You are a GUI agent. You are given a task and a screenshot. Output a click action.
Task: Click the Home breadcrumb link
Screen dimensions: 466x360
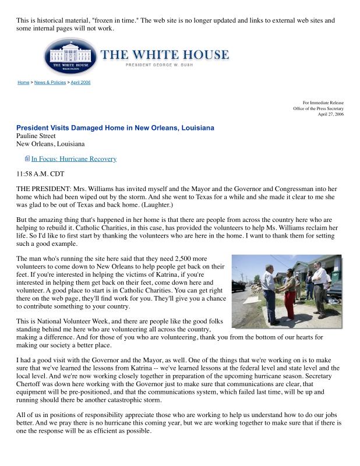pyautogui.click(x=23, y=83)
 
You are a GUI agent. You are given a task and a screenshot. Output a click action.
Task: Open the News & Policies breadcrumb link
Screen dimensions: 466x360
pyautogui.click(x=50, y=83)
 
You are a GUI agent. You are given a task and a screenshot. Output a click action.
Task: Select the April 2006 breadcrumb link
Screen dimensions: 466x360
pyautogui.click(x=80, y=83)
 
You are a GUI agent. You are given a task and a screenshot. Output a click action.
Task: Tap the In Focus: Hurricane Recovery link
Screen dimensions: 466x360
pyautogui.click(x=73, y=158)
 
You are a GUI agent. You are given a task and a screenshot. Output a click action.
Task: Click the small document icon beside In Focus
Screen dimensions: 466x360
pyautogui.click(x=27, y=158)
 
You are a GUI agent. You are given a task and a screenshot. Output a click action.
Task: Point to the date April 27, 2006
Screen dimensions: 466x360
pyautogui.click(x=330, y=114)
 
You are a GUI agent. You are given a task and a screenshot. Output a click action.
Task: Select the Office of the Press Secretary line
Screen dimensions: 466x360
pyautogui.click(x=318, y=108)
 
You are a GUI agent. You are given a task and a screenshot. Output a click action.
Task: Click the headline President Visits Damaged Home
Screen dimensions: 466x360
pyautogui.click(x=115, y=128)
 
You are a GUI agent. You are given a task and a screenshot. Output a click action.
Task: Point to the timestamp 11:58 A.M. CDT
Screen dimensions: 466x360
pyautogui.click(x=40, y=174)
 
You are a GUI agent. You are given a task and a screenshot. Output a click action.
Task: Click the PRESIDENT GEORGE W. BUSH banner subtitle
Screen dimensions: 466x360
pyautogui.click(x=165, y=65)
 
